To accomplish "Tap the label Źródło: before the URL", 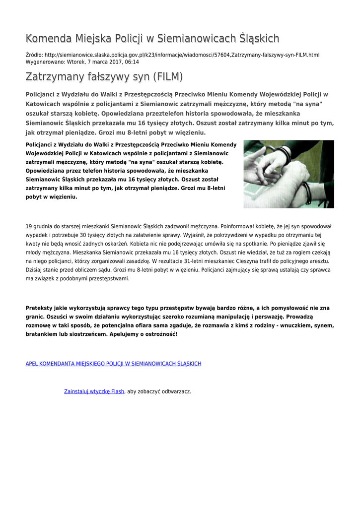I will pos(34,55).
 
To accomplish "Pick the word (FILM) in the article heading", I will pos(167,77).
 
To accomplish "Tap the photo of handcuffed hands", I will pos(288,174).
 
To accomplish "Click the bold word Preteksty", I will pos(41,308).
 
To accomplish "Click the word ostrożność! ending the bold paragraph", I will pos(161,334).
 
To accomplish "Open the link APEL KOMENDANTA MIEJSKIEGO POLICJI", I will pos(113,364).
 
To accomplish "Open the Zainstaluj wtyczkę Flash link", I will pos(94,391).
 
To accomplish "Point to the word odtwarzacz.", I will pos(174,391).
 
